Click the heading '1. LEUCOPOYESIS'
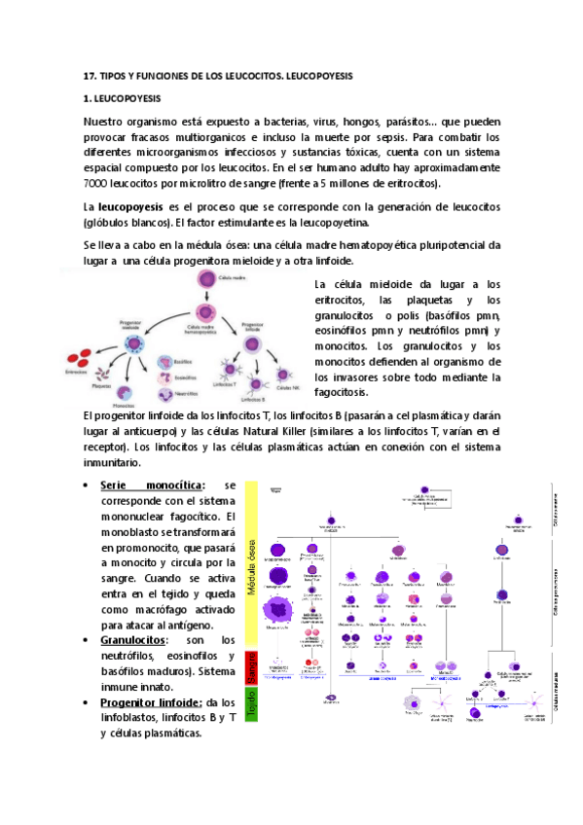tap(123, 99)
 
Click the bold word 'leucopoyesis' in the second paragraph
tap(131, 207)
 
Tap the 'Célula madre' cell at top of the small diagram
tap(205, 280)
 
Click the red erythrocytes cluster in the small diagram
tap(78, 357)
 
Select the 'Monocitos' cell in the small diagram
tap(124, 391)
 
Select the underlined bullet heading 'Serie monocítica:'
tap(153, 484)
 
